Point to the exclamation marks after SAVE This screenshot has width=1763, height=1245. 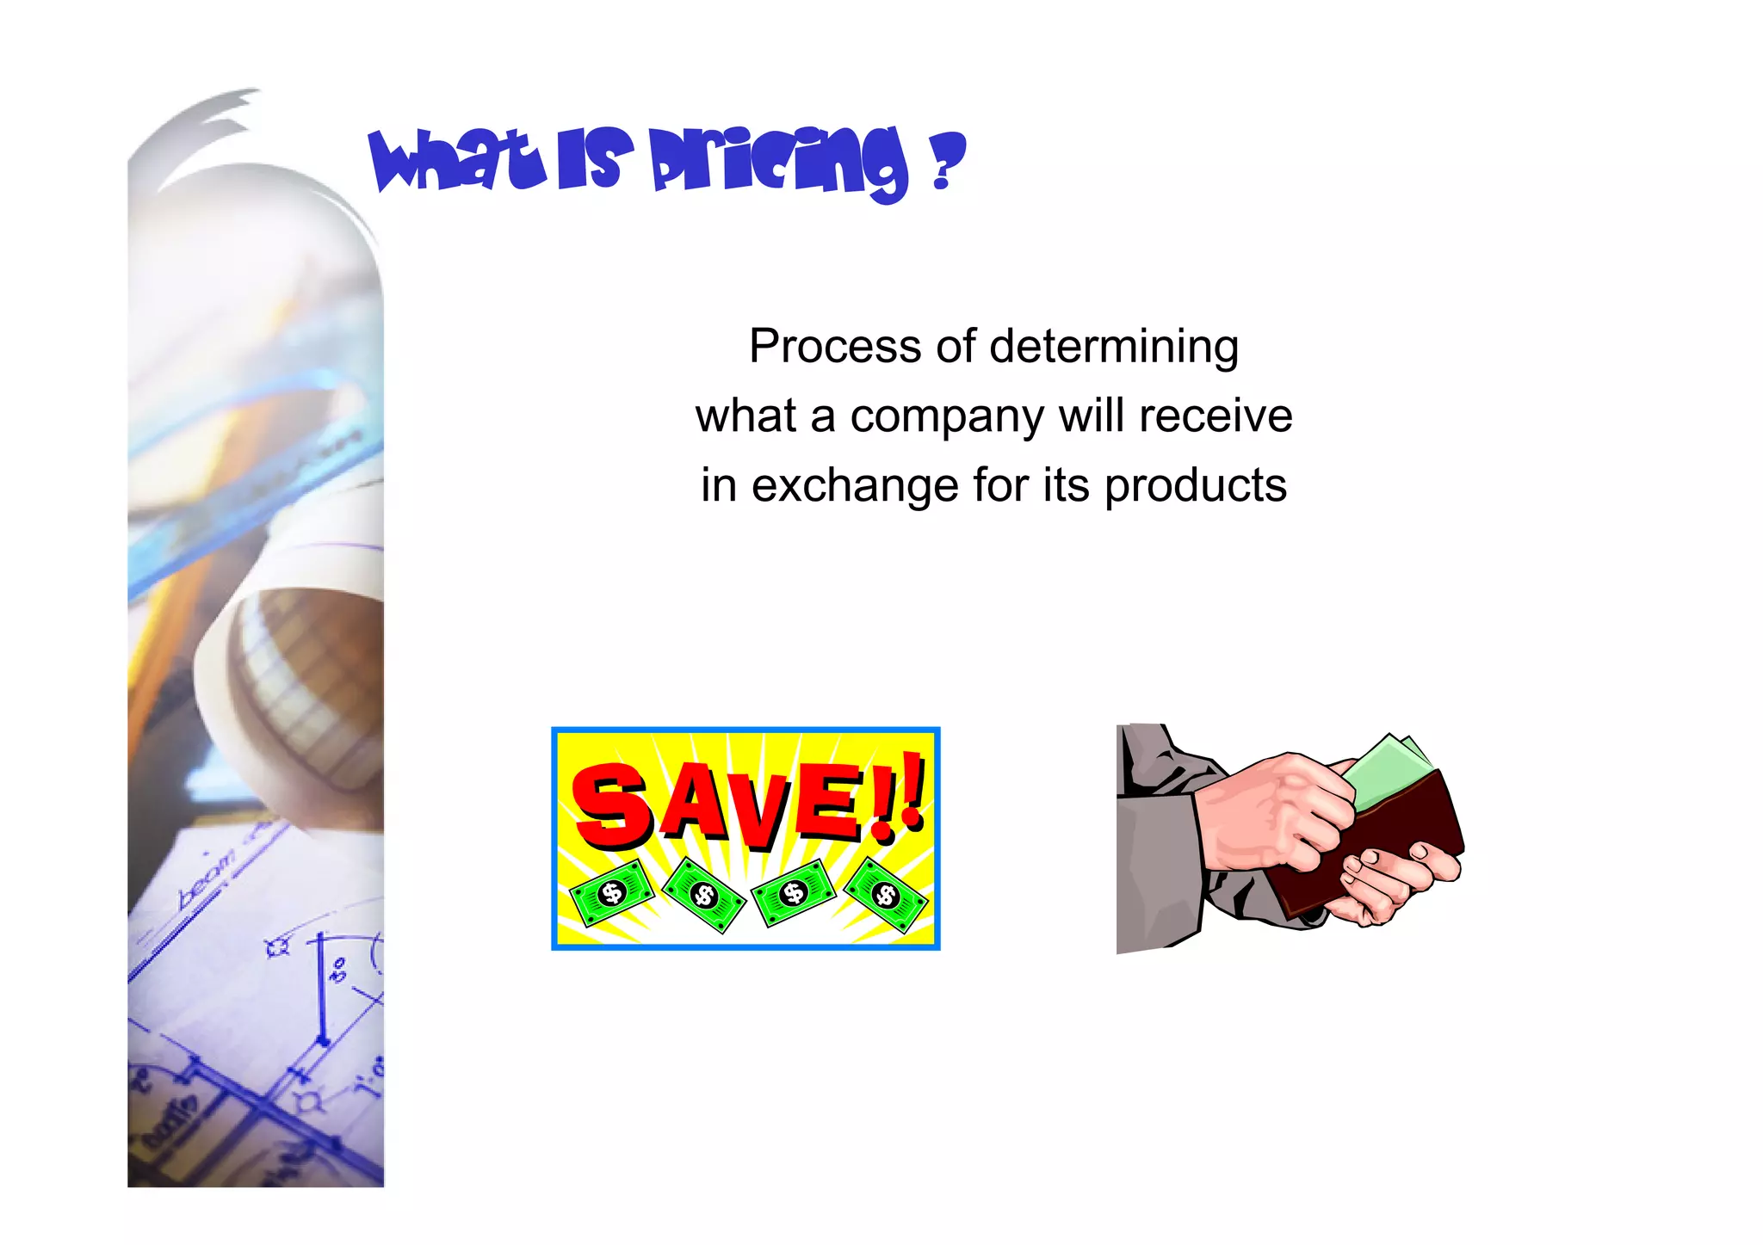[900, 796]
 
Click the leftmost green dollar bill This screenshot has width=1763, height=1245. [612, 893]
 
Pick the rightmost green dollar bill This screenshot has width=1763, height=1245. [886, 896]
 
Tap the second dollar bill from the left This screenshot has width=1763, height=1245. [704, 896]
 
